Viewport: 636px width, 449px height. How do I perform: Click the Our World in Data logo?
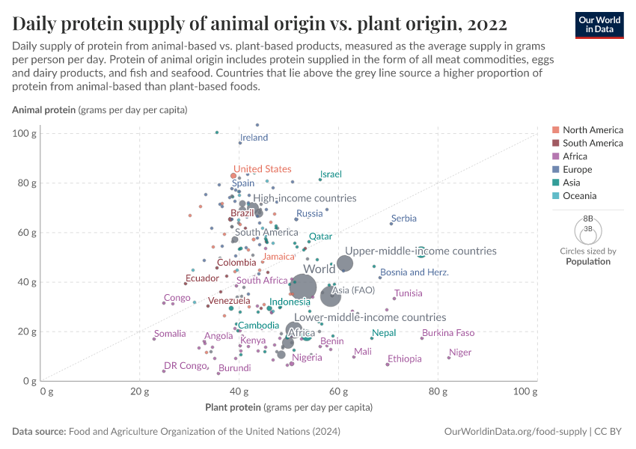(x=600, y=25)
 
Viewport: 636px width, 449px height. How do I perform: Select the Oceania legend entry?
(x=579, y=196)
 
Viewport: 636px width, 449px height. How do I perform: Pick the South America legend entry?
(x=593, y=143)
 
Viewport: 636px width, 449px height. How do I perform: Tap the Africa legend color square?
(x=555, y=156)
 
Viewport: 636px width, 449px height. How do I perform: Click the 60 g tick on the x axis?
(x=338, y=391)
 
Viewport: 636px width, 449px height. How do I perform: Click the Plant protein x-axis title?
(x=289, y=408)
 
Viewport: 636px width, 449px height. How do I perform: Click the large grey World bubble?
(x=303, y=286)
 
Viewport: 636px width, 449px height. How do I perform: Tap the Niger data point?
(x=449, y=358)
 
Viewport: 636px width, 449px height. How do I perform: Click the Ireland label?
(x=254, y=138)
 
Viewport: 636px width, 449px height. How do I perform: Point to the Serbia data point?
(x=391, y=224)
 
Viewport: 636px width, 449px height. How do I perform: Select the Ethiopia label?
(x=405, y=359)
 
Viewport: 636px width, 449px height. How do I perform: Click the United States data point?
(x=233, y=176)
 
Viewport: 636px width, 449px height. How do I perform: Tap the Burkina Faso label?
(x=448, y=333)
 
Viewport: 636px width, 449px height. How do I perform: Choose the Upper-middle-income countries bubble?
(x=345, y=263)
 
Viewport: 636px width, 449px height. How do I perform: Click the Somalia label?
(x=170, y=334)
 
